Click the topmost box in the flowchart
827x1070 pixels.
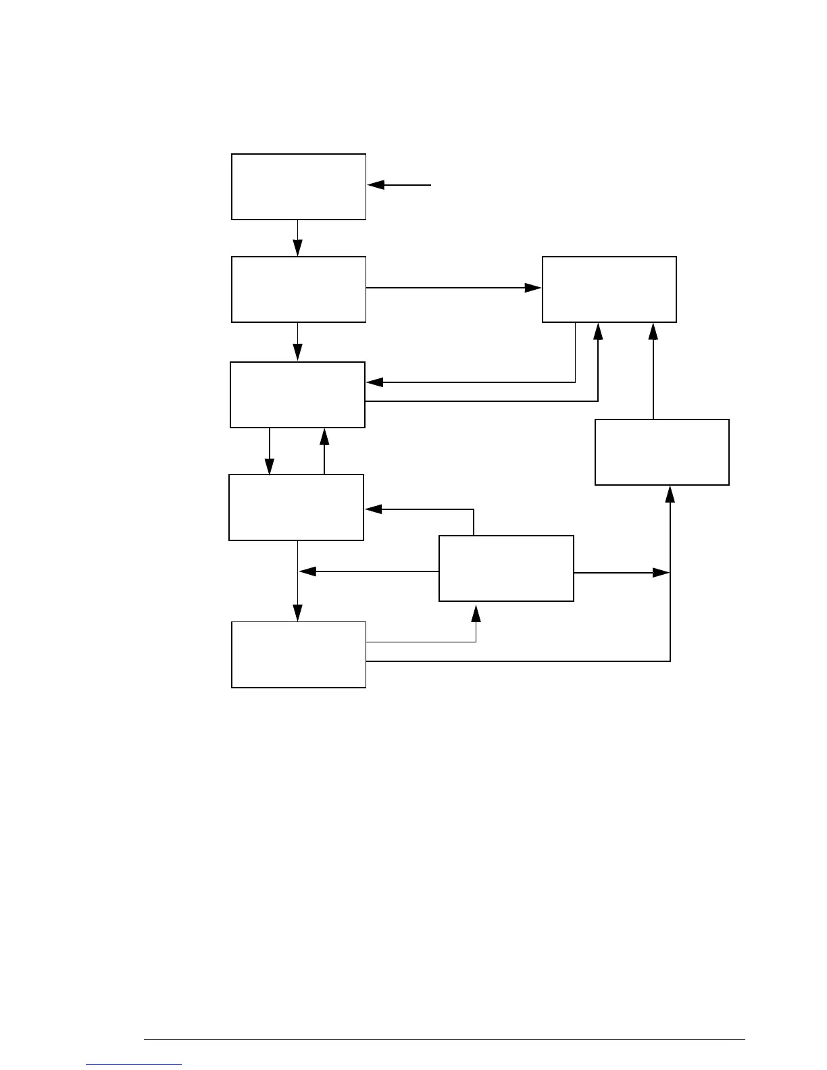point(299,186)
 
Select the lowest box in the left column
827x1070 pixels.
point(299,655)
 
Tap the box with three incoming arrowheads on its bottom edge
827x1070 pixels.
point(609,289)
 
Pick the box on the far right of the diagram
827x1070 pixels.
point(661,452)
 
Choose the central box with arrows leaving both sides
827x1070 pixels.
point(506,568)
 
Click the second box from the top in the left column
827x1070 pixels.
point(299,289)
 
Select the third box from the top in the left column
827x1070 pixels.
point(297,394)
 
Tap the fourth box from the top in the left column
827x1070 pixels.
point(296,507)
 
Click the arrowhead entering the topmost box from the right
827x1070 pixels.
point(376,184)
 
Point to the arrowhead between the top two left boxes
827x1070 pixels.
point(297,249)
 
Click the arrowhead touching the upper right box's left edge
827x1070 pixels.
point(533,288)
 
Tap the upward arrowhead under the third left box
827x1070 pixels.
point(324,436)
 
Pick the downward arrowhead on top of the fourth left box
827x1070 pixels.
point(270,466)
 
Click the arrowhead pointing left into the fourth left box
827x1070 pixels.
point(373,509)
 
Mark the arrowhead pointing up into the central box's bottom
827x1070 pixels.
point(476,613)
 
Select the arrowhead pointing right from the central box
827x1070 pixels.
point(660,573)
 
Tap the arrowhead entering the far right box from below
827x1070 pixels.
point(670,494)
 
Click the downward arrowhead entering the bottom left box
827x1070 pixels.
point(297,613)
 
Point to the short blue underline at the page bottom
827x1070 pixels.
point(134,1065)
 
